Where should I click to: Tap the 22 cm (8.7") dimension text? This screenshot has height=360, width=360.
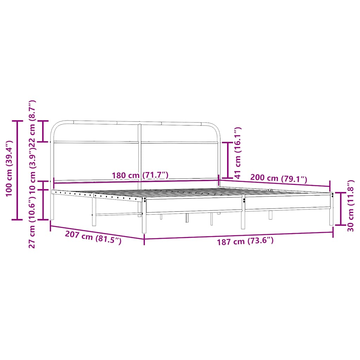click(32, 122)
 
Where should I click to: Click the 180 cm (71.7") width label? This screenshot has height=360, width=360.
click(140, 175)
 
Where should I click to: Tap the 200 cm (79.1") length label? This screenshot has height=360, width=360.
click(278, 179)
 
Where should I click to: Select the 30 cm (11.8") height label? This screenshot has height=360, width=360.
click(350, 206)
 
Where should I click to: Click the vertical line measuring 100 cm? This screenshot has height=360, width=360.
click(17, 170)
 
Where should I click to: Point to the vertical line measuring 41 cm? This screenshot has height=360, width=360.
click(228, 160)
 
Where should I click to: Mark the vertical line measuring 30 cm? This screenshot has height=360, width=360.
click(341, 209)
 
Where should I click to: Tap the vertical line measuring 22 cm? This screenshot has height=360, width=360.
click(43, 131)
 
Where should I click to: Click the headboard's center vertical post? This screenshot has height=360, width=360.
click(140, 155)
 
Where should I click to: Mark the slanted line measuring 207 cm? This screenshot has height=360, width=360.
click(97, 232)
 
